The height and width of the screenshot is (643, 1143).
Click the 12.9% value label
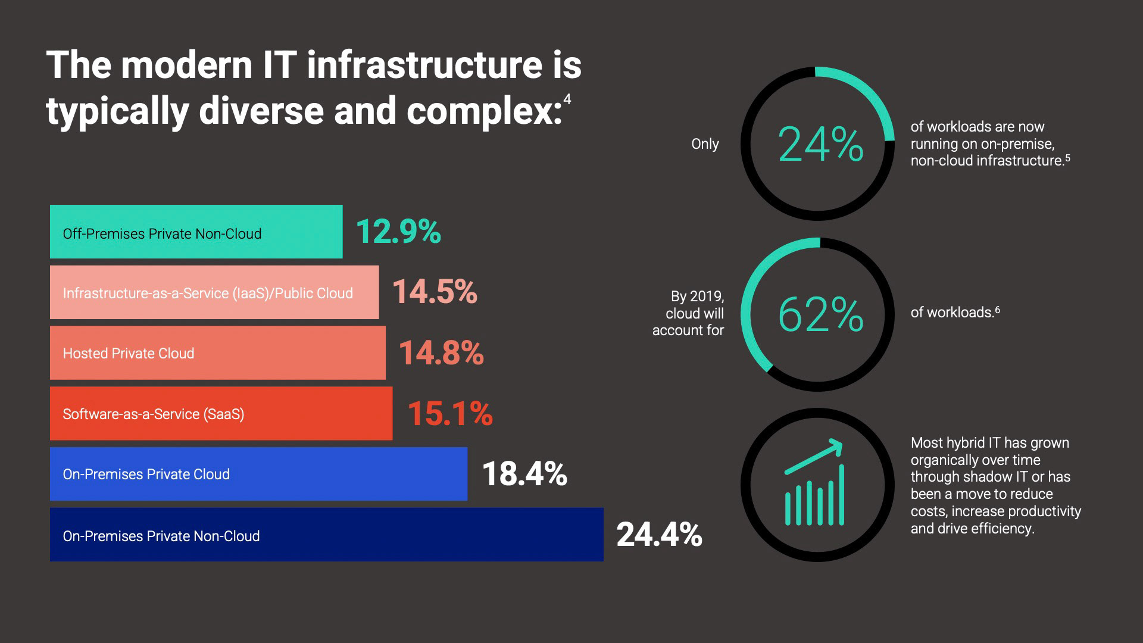click(398, 232)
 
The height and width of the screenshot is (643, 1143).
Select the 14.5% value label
click(435, 292)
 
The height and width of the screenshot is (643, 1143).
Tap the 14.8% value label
click(441, 352)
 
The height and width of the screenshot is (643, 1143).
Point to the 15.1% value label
click(450, 413)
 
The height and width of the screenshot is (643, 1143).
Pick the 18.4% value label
click(524, 474)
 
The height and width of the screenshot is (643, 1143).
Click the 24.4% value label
click(659, 535)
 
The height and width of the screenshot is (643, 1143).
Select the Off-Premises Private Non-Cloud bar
click(196, 232)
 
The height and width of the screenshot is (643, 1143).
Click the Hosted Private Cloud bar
click(217, 353)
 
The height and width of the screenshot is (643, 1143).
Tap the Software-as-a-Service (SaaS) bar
click(221, 414)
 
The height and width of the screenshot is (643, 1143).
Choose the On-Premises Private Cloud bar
click(258, 474)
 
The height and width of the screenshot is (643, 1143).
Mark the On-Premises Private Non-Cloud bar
click(326, 535)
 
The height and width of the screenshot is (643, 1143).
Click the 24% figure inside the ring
click(820, 145)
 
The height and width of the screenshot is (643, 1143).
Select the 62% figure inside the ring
click(820, 314)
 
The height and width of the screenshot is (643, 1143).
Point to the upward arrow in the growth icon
click(814, 457)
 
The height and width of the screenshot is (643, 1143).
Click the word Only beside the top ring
click(705, 144)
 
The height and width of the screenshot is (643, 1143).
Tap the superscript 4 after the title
click(567, 99)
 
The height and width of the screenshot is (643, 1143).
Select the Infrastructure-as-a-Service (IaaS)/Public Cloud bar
click(214, 292)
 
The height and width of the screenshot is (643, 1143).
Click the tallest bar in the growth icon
click(841, 495)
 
